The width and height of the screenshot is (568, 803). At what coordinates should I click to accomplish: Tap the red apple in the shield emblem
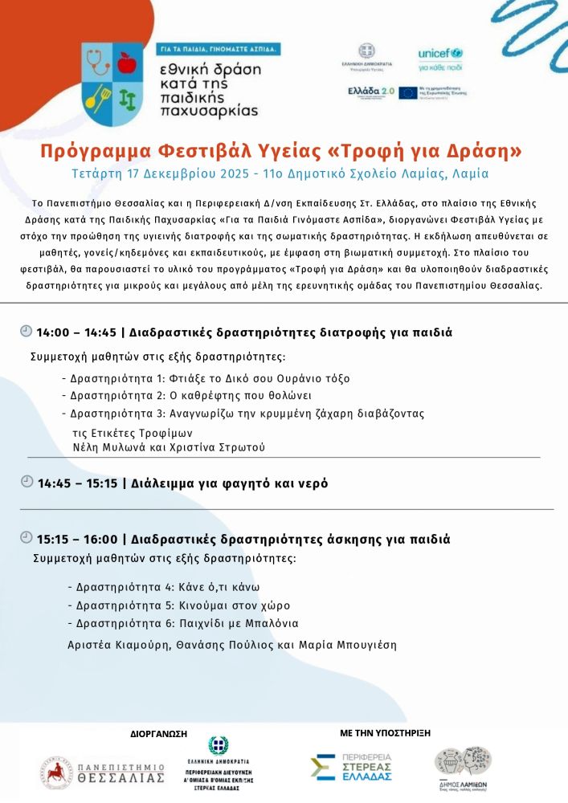coord(127,63)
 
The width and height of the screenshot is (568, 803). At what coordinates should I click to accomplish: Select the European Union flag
coord(408,92)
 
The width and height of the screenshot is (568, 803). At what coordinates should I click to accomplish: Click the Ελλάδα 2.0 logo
coord(370,92)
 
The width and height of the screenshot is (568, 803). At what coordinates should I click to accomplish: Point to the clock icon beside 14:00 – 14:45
coord(27,331)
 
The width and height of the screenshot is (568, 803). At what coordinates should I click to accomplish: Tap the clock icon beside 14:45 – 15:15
coord(27,482)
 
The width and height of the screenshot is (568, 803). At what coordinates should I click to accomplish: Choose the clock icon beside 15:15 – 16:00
coord(27,538)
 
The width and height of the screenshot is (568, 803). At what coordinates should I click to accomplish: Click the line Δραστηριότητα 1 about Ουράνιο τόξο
coord(206,378)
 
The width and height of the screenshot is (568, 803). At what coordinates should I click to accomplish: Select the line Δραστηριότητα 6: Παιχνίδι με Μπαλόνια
coord(183,623)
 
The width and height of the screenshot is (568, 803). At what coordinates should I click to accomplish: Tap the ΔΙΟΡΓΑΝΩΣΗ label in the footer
coord(158,734)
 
